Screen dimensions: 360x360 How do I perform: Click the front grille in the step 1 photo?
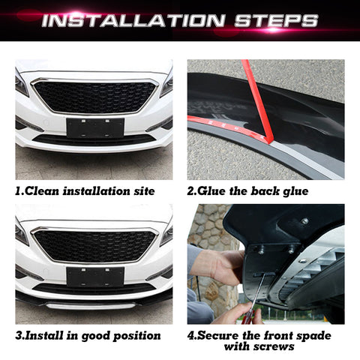click(94, 96)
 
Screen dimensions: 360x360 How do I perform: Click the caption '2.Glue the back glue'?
click(247, 191)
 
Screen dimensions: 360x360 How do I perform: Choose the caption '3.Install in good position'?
click(88, 335)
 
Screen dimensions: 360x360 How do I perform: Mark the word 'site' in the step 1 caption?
click(142, 191)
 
